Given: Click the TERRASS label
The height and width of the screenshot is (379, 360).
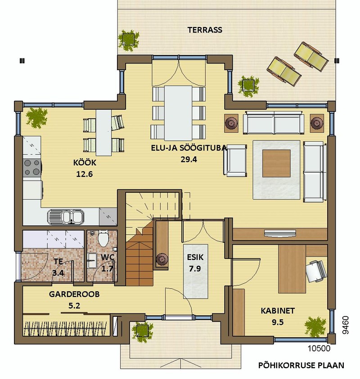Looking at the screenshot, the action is pos(205,30).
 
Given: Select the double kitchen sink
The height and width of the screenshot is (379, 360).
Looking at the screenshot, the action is pos(66,217).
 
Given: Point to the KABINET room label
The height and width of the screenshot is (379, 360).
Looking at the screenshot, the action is pos(278,311).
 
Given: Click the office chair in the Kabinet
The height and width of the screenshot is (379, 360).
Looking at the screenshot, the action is pos(315,271).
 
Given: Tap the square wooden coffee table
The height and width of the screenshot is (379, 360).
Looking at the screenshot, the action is pos(277,163).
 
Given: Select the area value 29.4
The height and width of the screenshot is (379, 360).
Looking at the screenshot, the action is pos(189,159).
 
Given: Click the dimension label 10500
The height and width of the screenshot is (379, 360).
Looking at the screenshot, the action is pos(319,348).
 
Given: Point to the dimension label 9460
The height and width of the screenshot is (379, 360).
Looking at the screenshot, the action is pos(346,325).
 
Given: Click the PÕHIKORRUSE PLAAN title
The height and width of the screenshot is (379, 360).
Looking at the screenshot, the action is pos(301,365).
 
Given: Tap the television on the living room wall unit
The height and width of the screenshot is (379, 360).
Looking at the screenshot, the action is pos(280,233).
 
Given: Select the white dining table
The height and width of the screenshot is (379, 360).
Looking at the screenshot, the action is pos(178,113).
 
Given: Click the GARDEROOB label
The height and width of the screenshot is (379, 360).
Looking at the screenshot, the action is pos(74,294).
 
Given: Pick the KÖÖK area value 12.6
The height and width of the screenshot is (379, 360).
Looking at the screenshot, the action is pos(85,174).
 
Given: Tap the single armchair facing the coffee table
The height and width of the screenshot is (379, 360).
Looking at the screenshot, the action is pos(235,161).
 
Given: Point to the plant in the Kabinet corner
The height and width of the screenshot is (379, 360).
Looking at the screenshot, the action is pos(315,326).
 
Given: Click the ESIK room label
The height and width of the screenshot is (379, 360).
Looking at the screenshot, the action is pos(195,257).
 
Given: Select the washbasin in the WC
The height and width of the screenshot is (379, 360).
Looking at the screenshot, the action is pos(92,261).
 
